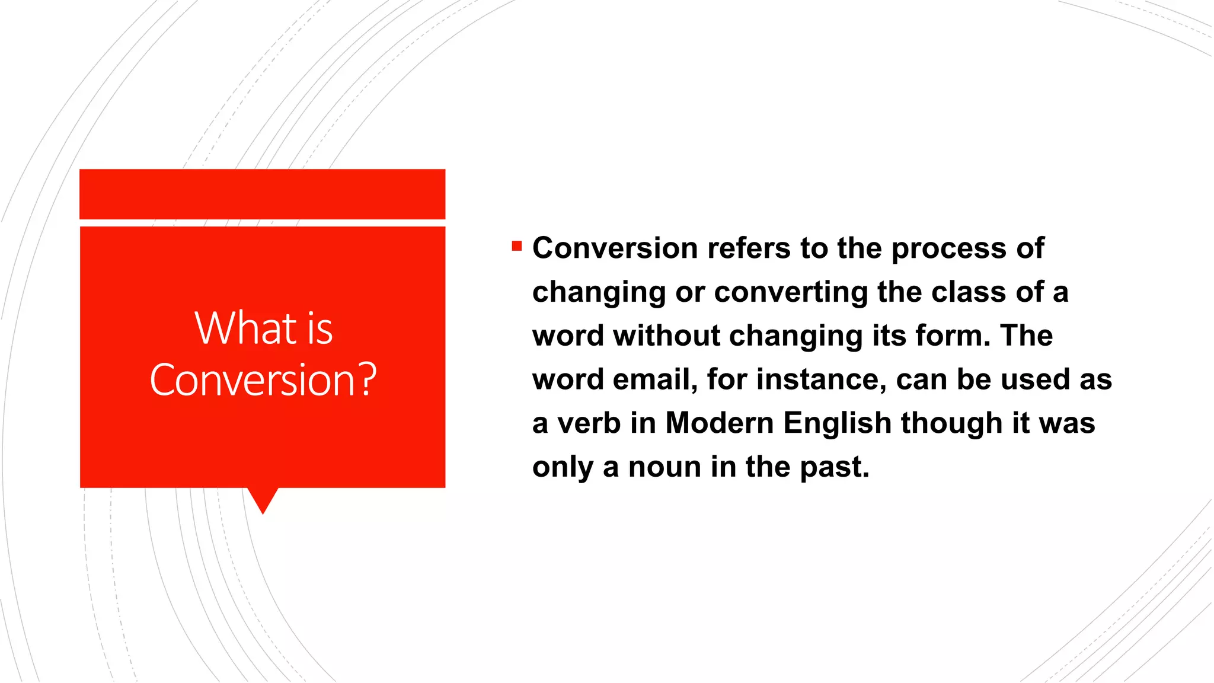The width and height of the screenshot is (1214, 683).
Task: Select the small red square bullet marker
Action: (x=517, y=245)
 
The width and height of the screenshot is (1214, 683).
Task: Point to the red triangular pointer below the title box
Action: (x=263, y=499)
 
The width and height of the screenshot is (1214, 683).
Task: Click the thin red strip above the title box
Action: (x=262, y=194)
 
